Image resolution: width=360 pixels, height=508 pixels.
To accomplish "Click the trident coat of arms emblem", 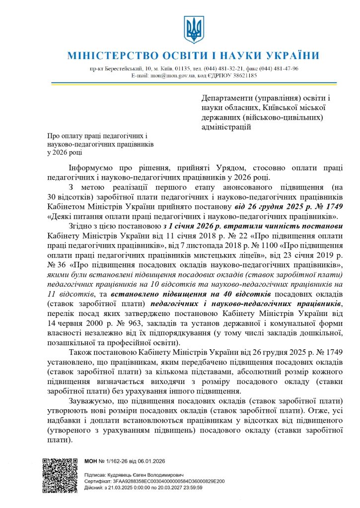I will click(194, 29).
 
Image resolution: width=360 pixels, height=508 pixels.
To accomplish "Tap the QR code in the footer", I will click(60, 475).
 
